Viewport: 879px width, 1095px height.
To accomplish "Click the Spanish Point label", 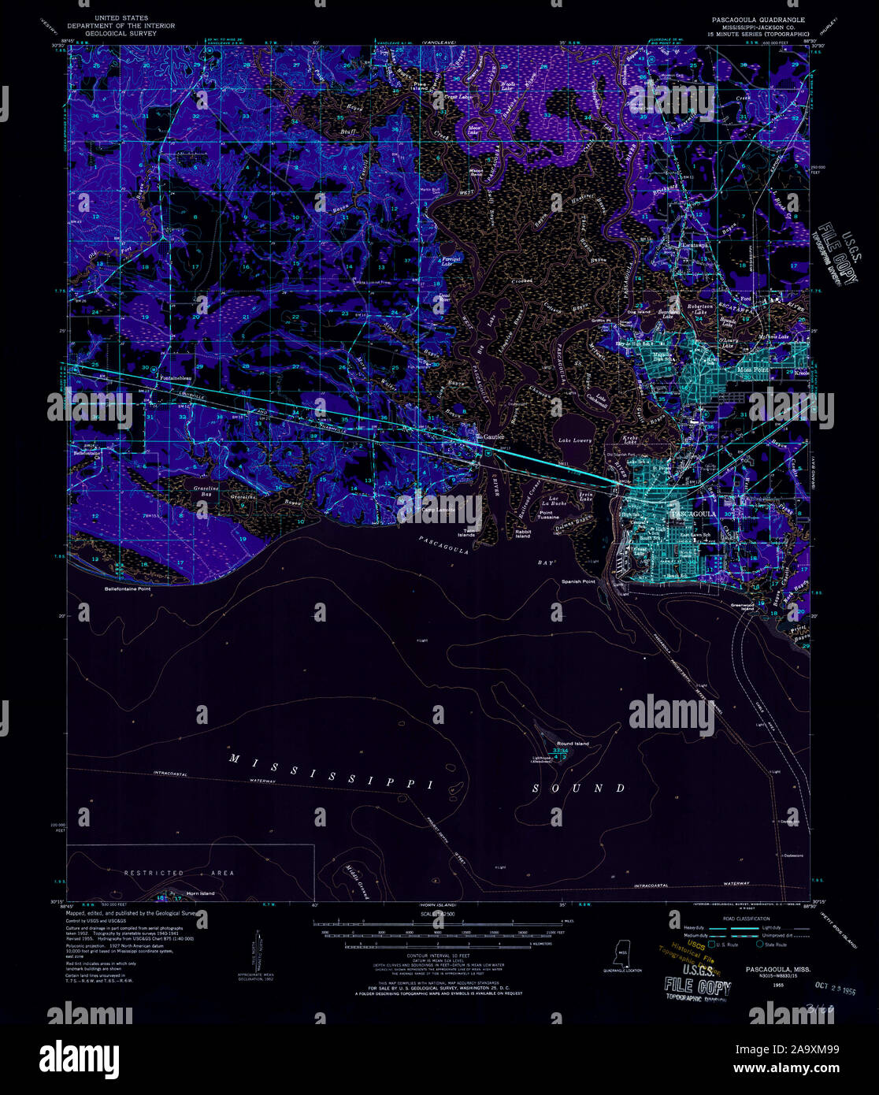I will pyautogui.click(x=578, y=581).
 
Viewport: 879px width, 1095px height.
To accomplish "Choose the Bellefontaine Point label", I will pyautogui.click(x=131, y=588).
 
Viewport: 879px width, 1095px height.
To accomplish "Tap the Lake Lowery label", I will pyautogui.click(x=575, y=440).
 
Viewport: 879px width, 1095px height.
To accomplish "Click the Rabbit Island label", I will pyautogui.click(x=523, y=533).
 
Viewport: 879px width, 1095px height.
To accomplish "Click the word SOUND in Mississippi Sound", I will pyautogui.click(x=579, y=788).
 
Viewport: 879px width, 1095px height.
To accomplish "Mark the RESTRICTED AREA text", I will pyautogui.click(x=179, y=873).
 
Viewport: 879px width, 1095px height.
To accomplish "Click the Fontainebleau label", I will pyautogui.click(x=179, y=377).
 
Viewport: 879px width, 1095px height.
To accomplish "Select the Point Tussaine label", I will pyautogui.click(x=549, y=514).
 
